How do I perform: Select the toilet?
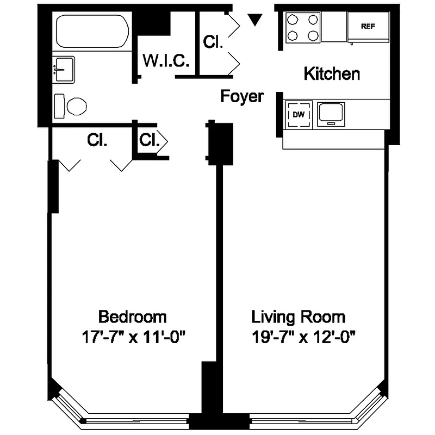click(71, 104)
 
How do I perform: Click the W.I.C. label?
click(166, 61)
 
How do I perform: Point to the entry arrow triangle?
click(254, 20)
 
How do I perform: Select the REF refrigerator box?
click(369, 27)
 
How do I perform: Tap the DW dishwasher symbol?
click(298, 114)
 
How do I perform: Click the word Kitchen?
click(331, 73)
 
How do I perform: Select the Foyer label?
click(241, 96)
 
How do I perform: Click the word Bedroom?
click(132, 316)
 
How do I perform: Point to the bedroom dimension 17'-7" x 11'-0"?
click(133, 337)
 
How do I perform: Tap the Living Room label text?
click(297, 316)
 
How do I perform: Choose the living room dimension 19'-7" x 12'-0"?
click(303, 337)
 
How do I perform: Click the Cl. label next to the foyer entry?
click(213, 42)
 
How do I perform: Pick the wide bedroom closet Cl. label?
click(96, 140)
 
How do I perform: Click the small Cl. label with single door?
click(148, 140)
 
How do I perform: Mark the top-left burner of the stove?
click(293, 19)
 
